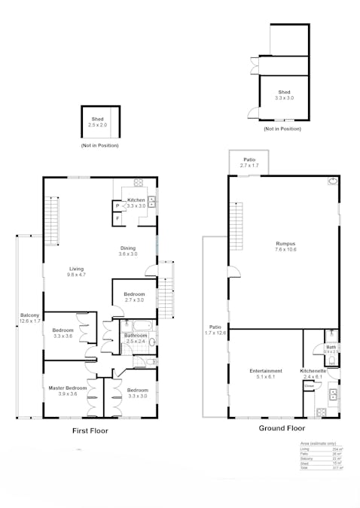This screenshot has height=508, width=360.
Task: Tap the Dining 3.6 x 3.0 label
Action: [x=128, y=251]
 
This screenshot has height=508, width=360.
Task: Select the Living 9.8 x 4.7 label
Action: [x=76, y=272]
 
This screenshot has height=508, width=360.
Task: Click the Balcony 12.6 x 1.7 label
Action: [x=30, y=318]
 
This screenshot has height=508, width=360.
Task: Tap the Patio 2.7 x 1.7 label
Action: [x=249, y=162]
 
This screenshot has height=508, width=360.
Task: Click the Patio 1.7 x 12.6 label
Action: [x=215, y=330]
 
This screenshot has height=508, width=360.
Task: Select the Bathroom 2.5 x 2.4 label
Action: [x=136, y=338]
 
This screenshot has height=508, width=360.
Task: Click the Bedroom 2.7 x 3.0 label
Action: [x=134, y=297]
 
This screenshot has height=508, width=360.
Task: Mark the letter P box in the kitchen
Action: [x=117, y=205]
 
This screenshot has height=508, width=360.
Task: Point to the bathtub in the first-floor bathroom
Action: [x=140, y=326]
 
